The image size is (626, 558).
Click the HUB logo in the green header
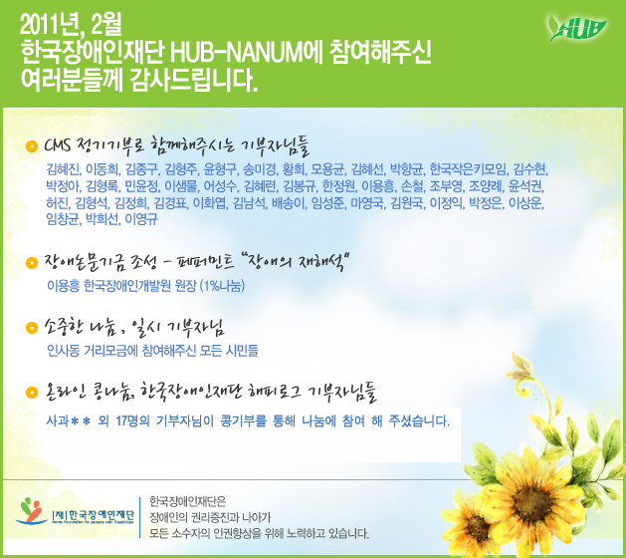coord(577,28)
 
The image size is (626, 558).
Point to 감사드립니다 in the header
coord(193,81)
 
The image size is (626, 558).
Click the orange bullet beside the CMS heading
coord(32,146)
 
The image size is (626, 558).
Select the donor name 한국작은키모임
coord(468,169)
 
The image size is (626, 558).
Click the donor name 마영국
coord(367,203)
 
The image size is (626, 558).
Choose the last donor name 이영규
coord(141,219)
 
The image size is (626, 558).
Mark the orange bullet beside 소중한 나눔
coord(32,328)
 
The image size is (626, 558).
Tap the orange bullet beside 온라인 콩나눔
coord(32,392)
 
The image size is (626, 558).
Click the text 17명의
coord(132,420)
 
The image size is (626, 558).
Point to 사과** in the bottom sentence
coord(69,420)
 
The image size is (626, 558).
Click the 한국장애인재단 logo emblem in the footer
coord(31,511)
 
